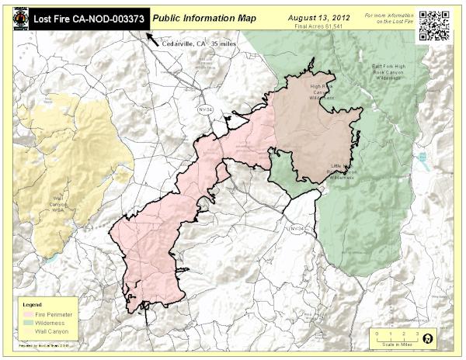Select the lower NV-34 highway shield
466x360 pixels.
click(x=296, y=229)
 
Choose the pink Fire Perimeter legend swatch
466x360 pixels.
click(x=26, y=313)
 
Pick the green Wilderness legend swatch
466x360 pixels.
click(x=26, y=321)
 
